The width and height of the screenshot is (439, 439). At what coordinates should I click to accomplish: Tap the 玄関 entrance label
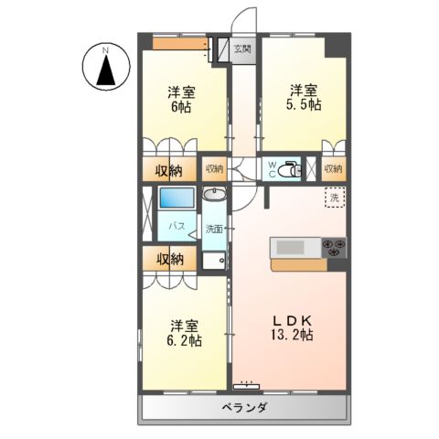(x=241, y=48)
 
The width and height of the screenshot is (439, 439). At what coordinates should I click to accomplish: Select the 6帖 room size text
(x=179, y=107)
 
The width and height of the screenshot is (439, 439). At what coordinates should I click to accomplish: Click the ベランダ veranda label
(x=243, y=408)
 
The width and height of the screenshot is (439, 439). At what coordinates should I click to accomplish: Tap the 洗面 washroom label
(x=214, y=229)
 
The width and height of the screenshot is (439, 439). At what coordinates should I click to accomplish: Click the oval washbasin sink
(x=214, y=196)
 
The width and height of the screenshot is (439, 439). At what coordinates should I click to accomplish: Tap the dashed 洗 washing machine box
(x=336, y=198)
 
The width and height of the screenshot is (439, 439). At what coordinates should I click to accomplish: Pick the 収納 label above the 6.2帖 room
(x=169, y=260)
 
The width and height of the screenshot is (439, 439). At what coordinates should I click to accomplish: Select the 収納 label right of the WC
(x=332, y=168)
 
